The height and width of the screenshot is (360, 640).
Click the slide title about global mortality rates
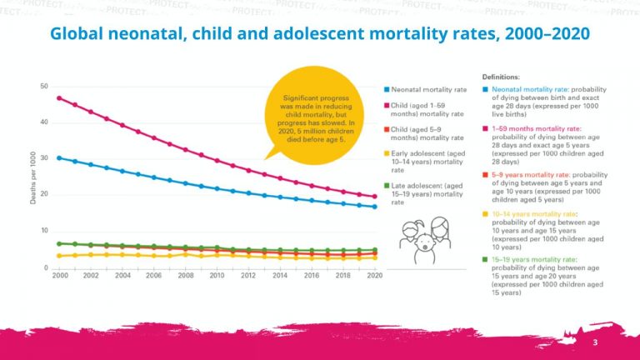coord(320,34)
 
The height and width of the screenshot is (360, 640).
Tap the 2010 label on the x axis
coord(217,275)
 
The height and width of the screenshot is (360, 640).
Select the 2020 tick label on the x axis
coord(375,275)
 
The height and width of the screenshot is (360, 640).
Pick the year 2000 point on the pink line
coord(59,98)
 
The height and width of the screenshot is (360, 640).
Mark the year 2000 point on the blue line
coord(59,157)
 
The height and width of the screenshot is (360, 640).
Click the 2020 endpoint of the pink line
coord(375,197)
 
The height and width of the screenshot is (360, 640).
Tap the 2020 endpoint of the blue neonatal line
coord(375,207)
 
